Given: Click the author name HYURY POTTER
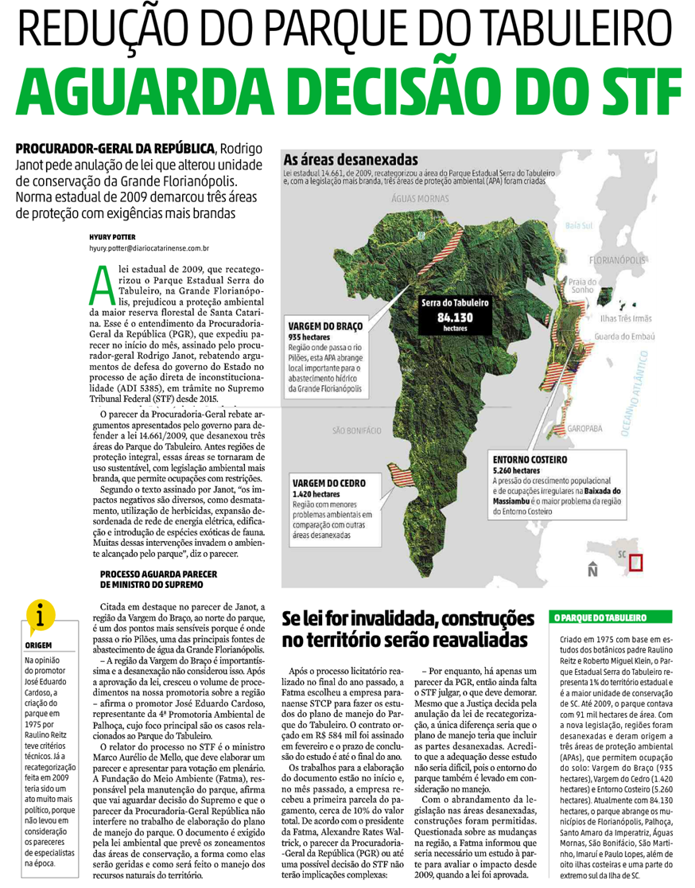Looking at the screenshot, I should click(112, 236).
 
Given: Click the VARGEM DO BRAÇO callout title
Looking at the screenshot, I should click(325, 327).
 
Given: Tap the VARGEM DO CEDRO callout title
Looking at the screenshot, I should click(328, 483).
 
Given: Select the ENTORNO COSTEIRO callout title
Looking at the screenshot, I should click(530, 459).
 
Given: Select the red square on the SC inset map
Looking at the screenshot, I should click(635, 563).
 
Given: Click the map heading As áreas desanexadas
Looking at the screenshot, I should click(341, 158).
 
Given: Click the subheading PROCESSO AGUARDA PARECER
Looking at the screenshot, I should click(153, 574).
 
